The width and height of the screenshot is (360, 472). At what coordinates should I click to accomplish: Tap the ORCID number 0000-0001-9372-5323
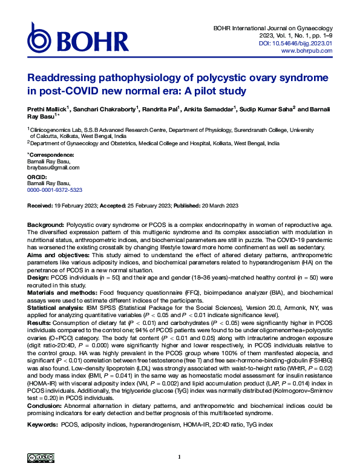click(x=55, y=189)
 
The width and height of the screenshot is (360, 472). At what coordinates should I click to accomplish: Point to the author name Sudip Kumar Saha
click(x=260, y=109)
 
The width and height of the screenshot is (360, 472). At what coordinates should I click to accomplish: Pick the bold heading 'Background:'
click(x=46, y=225)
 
